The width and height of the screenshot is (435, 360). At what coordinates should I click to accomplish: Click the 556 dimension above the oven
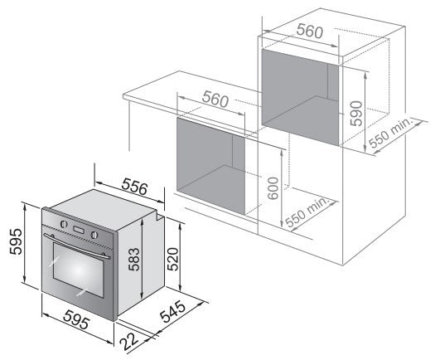click(x=134, y=187)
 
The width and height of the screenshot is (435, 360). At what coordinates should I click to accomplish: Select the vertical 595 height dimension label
click(x=16, y=241)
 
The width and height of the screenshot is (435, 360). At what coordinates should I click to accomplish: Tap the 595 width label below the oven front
click(x=76, y=319)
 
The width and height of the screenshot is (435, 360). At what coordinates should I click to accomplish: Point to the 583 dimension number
click(x=133, y=259)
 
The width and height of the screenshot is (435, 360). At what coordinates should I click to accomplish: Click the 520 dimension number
click(x=172, y=259)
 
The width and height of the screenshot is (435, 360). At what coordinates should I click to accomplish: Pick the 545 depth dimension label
click(x=172, y=311)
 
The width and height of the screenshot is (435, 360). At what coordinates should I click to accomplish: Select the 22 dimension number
click(x=129, y=342)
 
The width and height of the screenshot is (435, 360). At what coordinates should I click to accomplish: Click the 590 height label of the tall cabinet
click(x=356, y=114)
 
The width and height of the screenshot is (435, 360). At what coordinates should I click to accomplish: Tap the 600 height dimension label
click(x=273, y=188)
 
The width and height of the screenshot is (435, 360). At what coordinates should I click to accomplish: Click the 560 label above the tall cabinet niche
click(x=309, y=32)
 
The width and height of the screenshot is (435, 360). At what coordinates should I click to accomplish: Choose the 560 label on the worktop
click(x=215, y=100)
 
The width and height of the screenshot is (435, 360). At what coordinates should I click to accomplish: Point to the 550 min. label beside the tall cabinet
click(x=392, y=133)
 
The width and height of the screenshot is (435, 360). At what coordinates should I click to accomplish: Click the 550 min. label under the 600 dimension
click(x=307, y=212)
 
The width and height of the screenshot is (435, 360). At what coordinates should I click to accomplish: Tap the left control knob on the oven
click(x=64, y=224)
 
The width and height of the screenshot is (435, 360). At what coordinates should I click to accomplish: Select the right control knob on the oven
click(x=94, y=235)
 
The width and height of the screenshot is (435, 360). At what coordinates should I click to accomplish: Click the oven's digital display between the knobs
click(x=79, y=230)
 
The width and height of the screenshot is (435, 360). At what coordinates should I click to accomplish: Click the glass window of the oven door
click(x=79, y=270)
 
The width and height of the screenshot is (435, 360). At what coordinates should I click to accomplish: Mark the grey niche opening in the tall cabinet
click(x=300, y=98)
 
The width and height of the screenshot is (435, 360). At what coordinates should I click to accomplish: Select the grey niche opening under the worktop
click(x=210, y=166)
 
